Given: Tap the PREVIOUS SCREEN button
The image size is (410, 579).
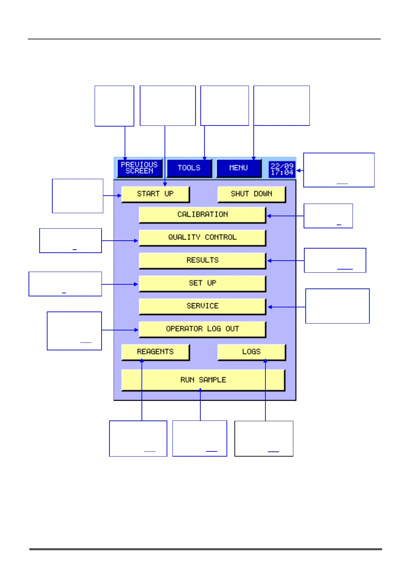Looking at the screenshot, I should [x=139, y=168].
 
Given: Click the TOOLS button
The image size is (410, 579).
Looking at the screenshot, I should [x=189, y=168].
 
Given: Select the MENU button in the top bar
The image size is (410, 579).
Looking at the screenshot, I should [x=239, y=168].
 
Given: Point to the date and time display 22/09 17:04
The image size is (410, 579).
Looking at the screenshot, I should [x=282, y=170].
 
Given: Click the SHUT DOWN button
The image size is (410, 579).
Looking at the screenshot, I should [x=251, y=194].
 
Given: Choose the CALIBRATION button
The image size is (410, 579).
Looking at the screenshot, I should [x=202, y=215].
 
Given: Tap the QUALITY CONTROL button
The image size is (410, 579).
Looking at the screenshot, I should [x=202, y=238].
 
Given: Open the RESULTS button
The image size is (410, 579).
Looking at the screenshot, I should [x=202, y=261].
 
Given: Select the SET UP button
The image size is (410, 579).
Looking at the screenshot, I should [x=202, y=283].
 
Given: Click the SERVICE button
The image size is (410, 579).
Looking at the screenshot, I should [x=202, y=306].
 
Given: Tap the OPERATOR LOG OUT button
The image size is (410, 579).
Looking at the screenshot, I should [x=202, y=329].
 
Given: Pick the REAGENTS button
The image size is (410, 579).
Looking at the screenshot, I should [x=155, y=352].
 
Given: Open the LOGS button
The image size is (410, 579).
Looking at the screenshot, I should [x=251, y=352].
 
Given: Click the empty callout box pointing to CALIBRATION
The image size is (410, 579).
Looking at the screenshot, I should [x=328, y=216].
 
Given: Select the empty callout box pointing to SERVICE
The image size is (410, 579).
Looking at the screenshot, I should [x=337, y=306].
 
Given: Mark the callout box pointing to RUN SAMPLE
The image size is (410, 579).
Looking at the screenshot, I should [x=200, y=438].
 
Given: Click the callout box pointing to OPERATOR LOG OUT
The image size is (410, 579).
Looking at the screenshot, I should [x=74, y=331].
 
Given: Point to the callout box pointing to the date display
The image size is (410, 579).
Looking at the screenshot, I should [x=339, y=170].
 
